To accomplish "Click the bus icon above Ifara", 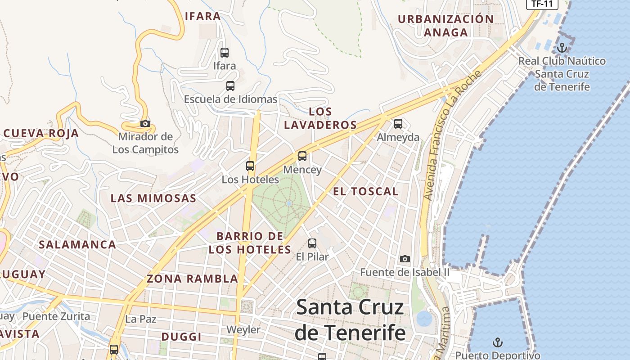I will [225, 52].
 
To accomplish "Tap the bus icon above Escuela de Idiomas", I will [230, 85].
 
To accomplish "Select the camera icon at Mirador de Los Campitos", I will [145, 123].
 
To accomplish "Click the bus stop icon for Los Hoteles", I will [250, 166].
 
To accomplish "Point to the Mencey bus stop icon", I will [302, 156].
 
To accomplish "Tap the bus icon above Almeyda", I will [398, 123].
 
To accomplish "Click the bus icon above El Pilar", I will [312, 243].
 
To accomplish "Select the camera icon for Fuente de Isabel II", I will [405, 259].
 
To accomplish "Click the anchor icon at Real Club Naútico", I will [562, 47].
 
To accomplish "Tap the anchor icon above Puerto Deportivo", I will [497, 342].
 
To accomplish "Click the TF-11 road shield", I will [542, 4].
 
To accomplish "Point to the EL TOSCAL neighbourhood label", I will [365, 191].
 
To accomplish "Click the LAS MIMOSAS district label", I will [153, 198].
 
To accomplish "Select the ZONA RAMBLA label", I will [192, 279].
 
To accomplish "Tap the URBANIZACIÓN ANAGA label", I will [446, 26].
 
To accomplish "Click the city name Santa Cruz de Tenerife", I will [350, 320].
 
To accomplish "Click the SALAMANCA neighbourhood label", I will [77, 245].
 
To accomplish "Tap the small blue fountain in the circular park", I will [289, 203].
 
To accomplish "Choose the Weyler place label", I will [243, 329].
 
